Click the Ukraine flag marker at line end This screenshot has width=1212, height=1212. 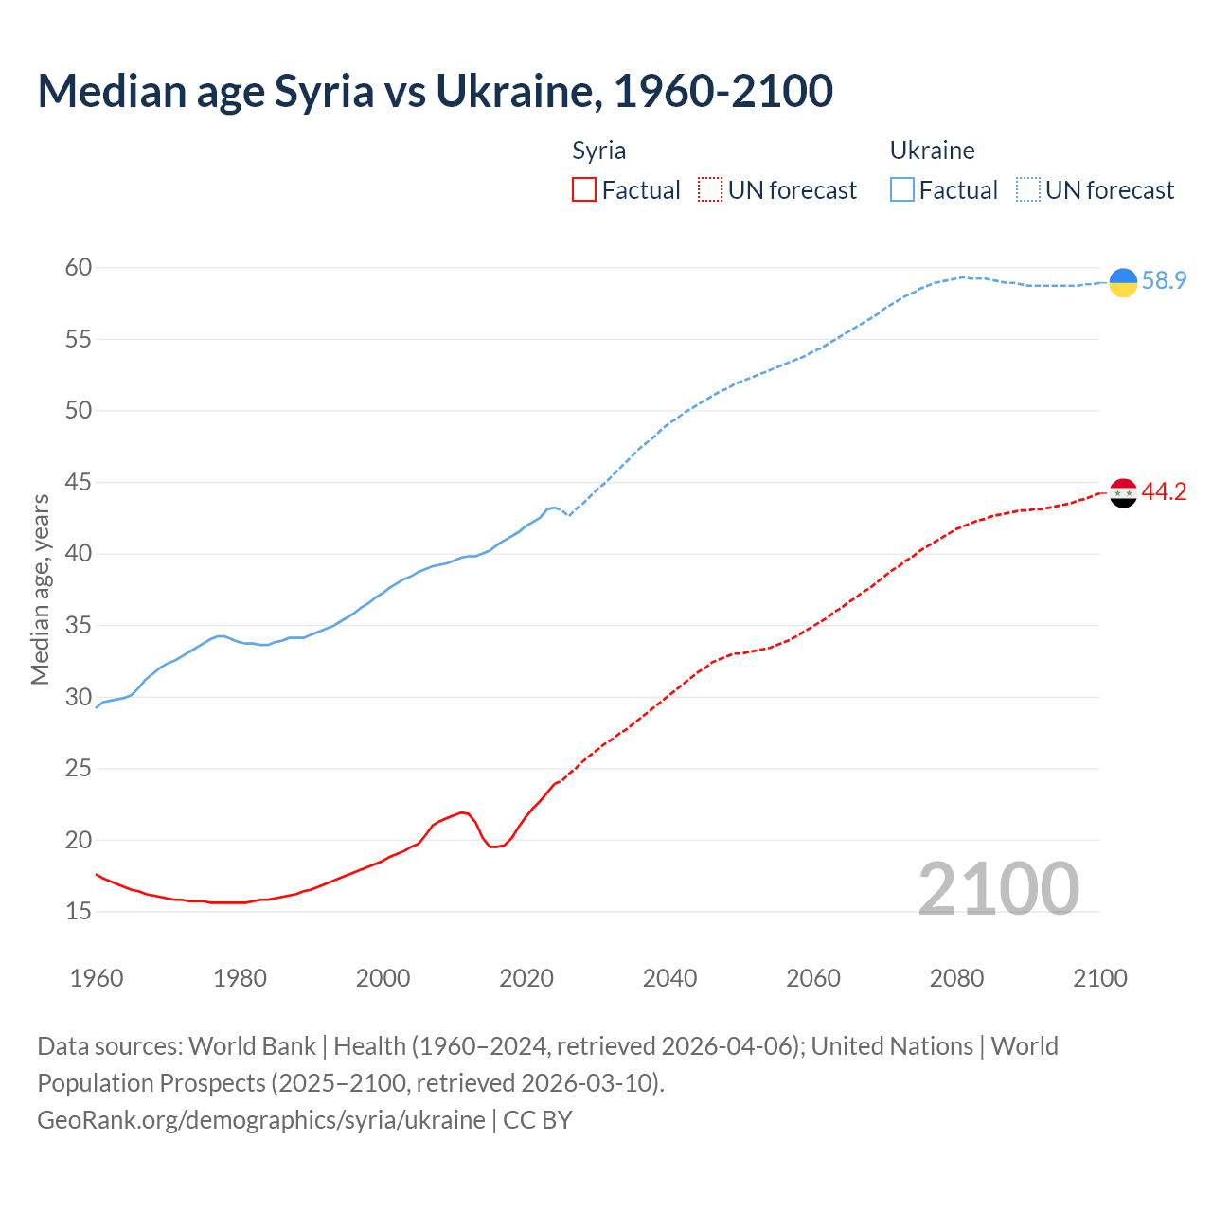pyautogui.click(x=1123, y=282)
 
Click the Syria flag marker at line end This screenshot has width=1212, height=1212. pyautogui.click(x=1123, y=492)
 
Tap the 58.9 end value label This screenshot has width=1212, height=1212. pyautogui.click(x=1164, y=281)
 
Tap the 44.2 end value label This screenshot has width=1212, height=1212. pyautogui.click(x=1164, y=491)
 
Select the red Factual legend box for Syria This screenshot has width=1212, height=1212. pyautogui.click(x=584, y=190)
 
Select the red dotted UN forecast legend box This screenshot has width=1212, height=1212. pyautogui.click(x=710, y=190)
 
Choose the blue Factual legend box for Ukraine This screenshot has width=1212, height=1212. pyautogui.click(x=902, y=190)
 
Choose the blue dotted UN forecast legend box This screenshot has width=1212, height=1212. pyautogui.click(x=1028, y=190)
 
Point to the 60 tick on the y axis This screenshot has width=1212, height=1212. pyautogui.click(x=79, y=268)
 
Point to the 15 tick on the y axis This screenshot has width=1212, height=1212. pyautogui.click(x=79, y=911)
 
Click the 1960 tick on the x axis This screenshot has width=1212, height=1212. pyautogui.click(x=97, y=978)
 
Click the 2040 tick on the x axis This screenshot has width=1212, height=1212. pyautogui.click(x=669, y=978)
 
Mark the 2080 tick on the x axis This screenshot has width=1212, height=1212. pyautogui.click(x=956, y=978)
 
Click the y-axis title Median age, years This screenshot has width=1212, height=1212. pyautogui.click(x=40, y=589)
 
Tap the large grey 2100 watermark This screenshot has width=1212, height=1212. pyautogui.click(x=998, y=888)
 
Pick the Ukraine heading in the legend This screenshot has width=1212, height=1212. pyautogui.click(x=932, y=151)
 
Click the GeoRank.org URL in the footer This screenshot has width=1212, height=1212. pyautogui.click(x=261, y=1120)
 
